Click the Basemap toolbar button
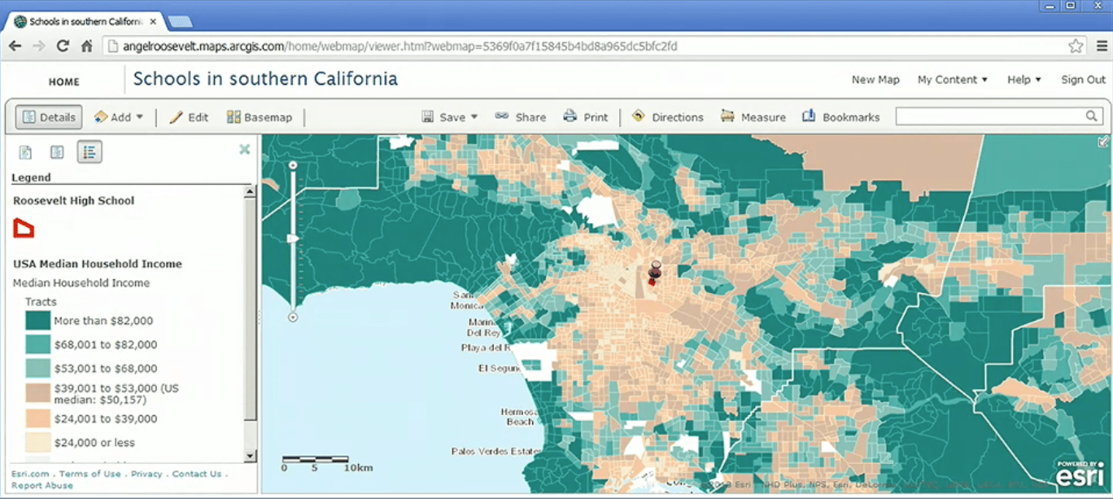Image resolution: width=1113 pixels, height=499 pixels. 259,117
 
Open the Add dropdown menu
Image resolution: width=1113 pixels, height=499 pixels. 119,117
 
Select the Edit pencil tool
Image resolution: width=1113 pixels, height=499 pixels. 189,117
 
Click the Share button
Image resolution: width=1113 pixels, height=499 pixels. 521,117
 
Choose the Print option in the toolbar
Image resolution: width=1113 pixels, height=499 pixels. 586,117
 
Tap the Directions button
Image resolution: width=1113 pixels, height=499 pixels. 668,117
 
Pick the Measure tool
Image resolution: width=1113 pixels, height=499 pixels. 753,117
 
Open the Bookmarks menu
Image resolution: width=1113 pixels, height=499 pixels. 841,117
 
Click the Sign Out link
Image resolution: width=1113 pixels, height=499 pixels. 1083,80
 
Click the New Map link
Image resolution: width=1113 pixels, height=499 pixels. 875,80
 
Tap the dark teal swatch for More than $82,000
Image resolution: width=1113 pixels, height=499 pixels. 37,321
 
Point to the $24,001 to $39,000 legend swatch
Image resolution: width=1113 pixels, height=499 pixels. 37,419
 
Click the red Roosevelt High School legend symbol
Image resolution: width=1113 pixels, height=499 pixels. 24,229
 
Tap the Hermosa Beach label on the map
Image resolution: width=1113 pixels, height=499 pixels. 520,417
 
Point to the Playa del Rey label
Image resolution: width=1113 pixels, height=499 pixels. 485,348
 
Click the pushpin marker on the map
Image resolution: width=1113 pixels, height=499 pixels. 656,269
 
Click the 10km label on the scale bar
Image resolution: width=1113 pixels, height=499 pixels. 358,468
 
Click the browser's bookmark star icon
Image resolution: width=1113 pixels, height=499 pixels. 1076,46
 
